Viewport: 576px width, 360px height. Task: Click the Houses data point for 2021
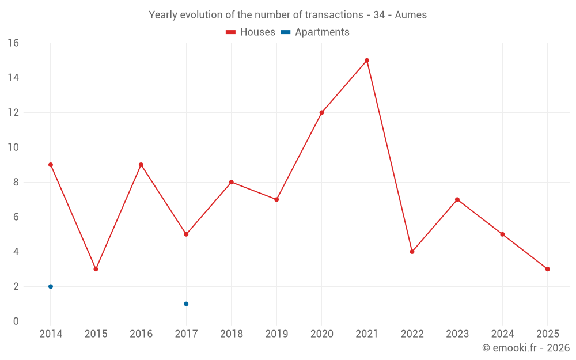click(367, 60)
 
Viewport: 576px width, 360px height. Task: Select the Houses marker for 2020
click(321, 112)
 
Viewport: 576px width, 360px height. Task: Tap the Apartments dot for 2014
click(51, 286)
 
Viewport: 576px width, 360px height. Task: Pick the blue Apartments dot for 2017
click(186, 304)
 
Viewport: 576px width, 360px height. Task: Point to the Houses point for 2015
click(96, 269)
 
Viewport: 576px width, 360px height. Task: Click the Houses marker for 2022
click(412, 252)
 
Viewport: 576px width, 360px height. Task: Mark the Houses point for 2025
click(547, 269)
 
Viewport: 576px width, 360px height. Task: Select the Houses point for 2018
click(231, 182)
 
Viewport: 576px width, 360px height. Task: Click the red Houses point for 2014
click(51, 165)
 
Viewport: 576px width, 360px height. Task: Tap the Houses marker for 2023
click(457, 199)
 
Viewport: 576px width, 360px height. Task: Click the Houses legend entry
click(251, 32)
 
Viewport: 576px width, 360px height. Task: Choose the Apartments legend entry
click(315, 32)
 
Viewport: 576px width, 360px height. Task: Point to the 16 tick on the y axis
click(13, 43)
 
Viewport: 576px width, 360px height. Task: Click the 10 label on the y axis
click(13, 147)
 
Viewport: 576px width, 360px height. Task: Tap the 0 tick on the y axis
click(16, 321)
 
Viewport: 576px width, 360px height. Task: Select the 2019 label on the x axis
click(276, 334)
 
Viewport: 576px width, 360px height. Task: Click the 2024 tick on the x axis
click(502, 334)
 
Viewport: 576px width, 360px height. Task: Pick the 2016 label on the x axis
click(141, 334)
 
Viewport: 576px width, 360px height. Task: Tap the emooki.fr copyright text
click(526, 348)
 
